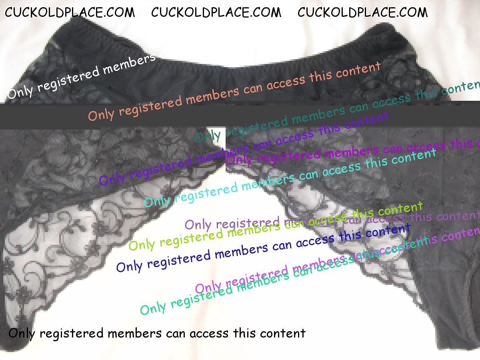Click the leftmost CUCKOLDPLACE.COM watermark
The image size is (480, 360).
[x=70, y=13]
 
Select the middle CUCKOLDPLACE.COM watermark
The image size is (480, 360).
[x=216, y=13]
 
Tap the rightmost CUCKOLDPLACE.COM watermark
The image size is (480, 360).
[x=362, y=13]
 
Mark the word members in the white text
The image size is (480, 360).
[x=129, y=64]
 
